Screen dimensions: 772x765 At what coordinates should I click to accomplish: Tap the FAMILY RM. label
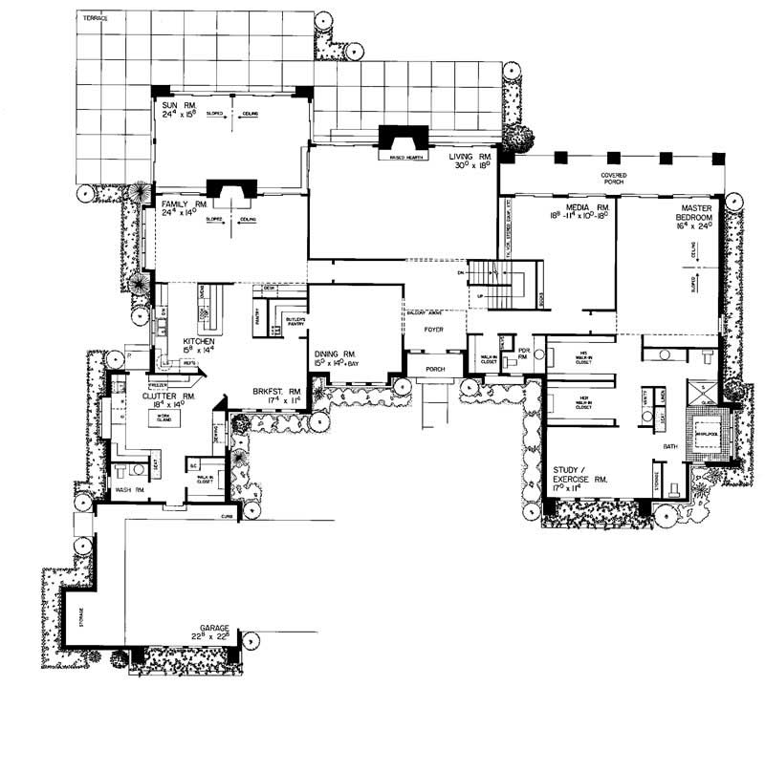[x=178, y=205]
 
